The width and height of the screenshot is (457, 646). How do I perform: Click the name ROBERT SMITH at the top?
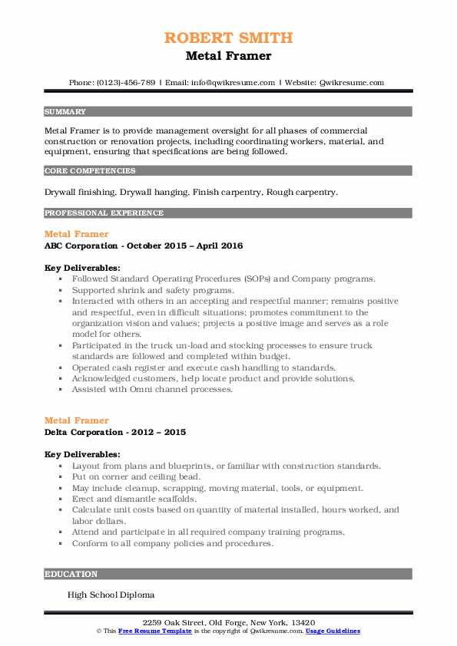point(228,38)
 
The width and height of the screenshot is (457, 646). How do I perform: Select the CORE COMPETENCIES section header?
point(90,171)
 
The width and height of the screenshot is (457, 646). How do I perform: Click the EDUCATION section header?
point(71,574)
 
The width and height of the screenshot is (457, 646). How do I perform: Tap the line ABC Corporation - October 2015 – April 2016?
point(144,246)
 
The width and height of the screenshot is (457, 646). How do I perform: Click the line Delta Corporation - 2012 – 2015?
point(115,432)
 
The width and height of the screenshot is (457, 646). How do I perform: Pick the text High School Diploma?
point(111,595)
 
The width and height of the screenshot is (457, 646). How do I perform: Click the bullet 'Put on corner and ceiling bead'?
point(136,476)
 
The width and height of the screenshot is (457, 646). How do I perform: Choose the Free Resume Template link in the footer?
point(152,631)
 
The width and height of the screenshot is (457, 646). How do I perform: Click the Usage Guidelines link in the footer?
point(332,631)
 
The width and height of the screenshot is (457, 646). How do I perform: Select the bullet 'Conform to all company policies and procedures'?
point(172,543)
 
